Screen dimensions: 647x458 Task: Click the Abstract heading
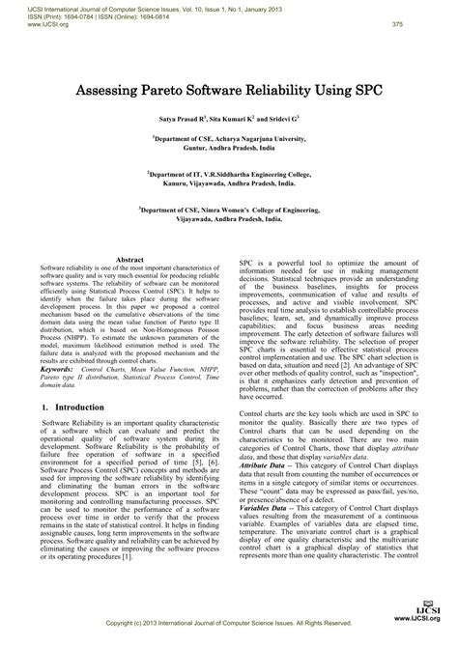click(129, 260)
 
